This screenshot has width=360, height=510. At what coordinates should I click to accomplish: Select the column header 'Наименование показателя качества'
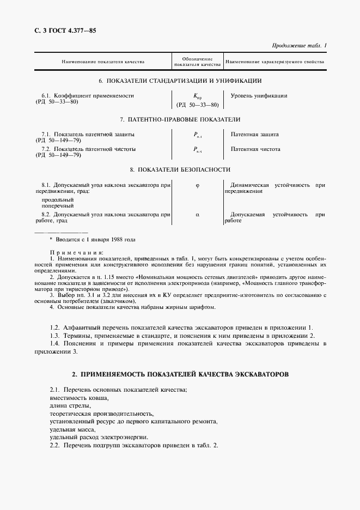click(102, 62)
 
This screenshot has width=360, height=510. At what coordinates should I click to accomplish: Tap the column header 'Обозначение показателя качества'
click(197, 62)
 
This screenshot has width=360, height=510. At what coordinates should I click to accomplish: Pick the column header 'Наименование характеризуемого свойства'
click(274, 62)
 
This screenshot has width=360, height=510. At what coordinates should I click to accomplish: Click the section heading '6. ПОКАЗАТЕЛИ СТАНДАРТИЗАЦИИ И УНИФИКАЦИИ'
click(180, 81)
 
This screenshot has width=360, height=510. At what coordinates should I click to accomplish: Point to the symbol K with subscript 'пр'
click(197, 96)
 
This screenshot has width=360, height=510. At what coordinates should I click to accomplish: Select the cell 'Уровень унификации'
click(259, 96)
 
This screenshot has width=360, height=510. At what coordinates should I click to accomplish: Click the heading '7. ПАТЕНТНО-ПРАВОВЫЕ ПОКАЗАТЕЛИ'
click(180, 119)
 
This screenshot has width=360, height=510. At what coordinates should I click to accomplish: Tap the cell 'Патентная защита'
click(255, 134)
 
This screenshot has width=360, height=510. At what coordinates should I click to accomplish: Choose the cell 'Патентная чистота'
click(255, 149)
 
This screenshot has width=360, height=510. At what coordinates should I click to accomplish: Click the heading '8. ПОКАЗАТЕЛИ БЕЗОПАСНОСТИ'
click(180, 169)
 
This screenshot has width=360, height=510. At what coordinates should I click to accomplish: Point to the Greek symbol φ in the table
click(197, 185)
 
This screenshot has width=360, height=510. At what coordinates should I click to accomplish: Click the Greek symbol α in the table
click(197, 215)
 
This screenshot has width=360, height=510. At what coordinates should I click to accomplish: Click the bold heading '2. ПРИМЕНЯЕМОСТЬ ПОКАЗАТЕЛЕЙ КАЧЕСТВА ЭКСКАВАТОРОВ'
click(180, 374)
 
